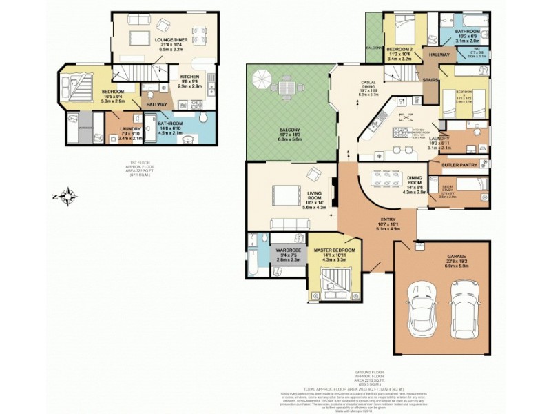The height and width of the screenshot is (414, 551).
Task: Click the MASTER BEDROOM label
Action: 334,250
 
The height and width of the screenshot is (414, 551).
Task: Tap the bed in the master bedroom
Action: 337,282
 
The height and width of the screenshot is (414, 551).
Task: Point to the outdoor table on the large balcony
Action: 290,88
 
